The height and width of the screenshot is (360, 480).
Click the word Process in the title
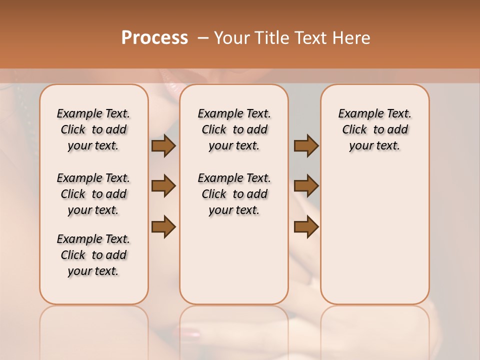coord(154,38)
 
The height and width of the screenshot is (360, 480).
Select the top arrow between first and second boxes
coord(163,145)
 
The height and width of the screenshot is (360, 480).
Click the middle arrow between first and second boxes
coord(163,186)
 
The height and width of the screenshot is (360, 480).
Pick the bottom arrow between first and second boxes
coord(163,226)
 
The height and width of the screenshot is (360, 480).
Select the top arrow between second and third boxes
coord(306,145)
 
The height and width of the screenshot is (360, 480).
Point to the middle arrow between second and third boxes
coord(306,186)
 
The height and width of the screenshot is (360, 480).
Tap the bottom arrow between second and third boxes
coord(306,226)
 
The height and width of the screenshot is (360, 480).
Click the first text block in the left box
coord(93,129)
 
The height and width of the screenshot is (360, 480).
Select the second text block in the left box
coord(93,194)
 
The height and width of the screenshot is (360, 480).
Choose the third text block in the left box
coord(93,255)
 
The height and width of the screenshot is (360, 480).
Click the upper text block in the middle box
coord(234,129)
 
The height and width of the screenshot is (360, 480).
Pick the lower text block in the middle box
coord(234,194)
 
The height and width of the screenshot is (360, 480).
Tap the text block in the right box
coord(374,129)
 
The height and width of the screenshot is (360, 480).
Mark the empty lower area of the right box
coord(374,235)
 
